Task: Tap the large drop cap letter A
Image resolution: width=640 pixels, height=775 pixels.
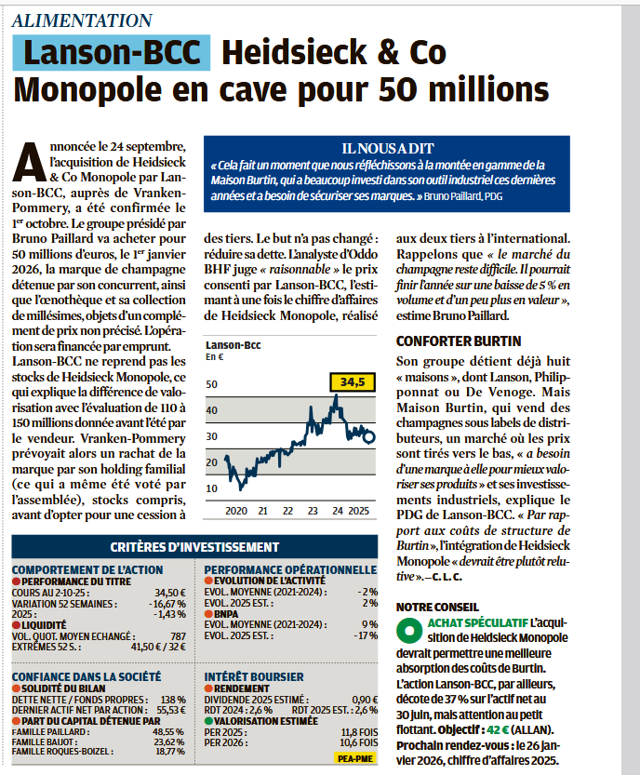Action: point(32,162)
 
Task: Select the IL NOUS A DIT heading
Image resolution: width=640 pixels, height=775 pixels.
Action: point(386,148)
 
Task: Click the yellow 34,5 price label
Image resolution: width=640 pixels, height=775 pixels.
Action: point(351,381)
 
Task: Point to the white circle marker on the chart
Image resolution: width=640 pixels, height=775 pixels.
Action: point(369,436)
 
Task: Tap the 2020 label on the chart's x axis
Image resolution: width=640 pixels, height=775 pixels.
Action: point(236,511)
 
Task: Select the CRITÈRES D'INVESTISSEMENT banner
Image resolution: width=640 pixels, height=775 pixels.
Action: point(195,547)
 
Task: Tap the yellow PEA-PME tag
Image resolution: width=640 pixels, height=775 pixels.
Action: point(353,758)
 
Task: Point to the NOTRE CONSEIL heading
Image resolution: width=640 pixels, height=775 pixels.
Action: point(433,606)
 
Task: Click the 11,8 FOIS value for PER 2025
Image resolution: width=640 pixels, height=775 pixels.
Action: point(357,731)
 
